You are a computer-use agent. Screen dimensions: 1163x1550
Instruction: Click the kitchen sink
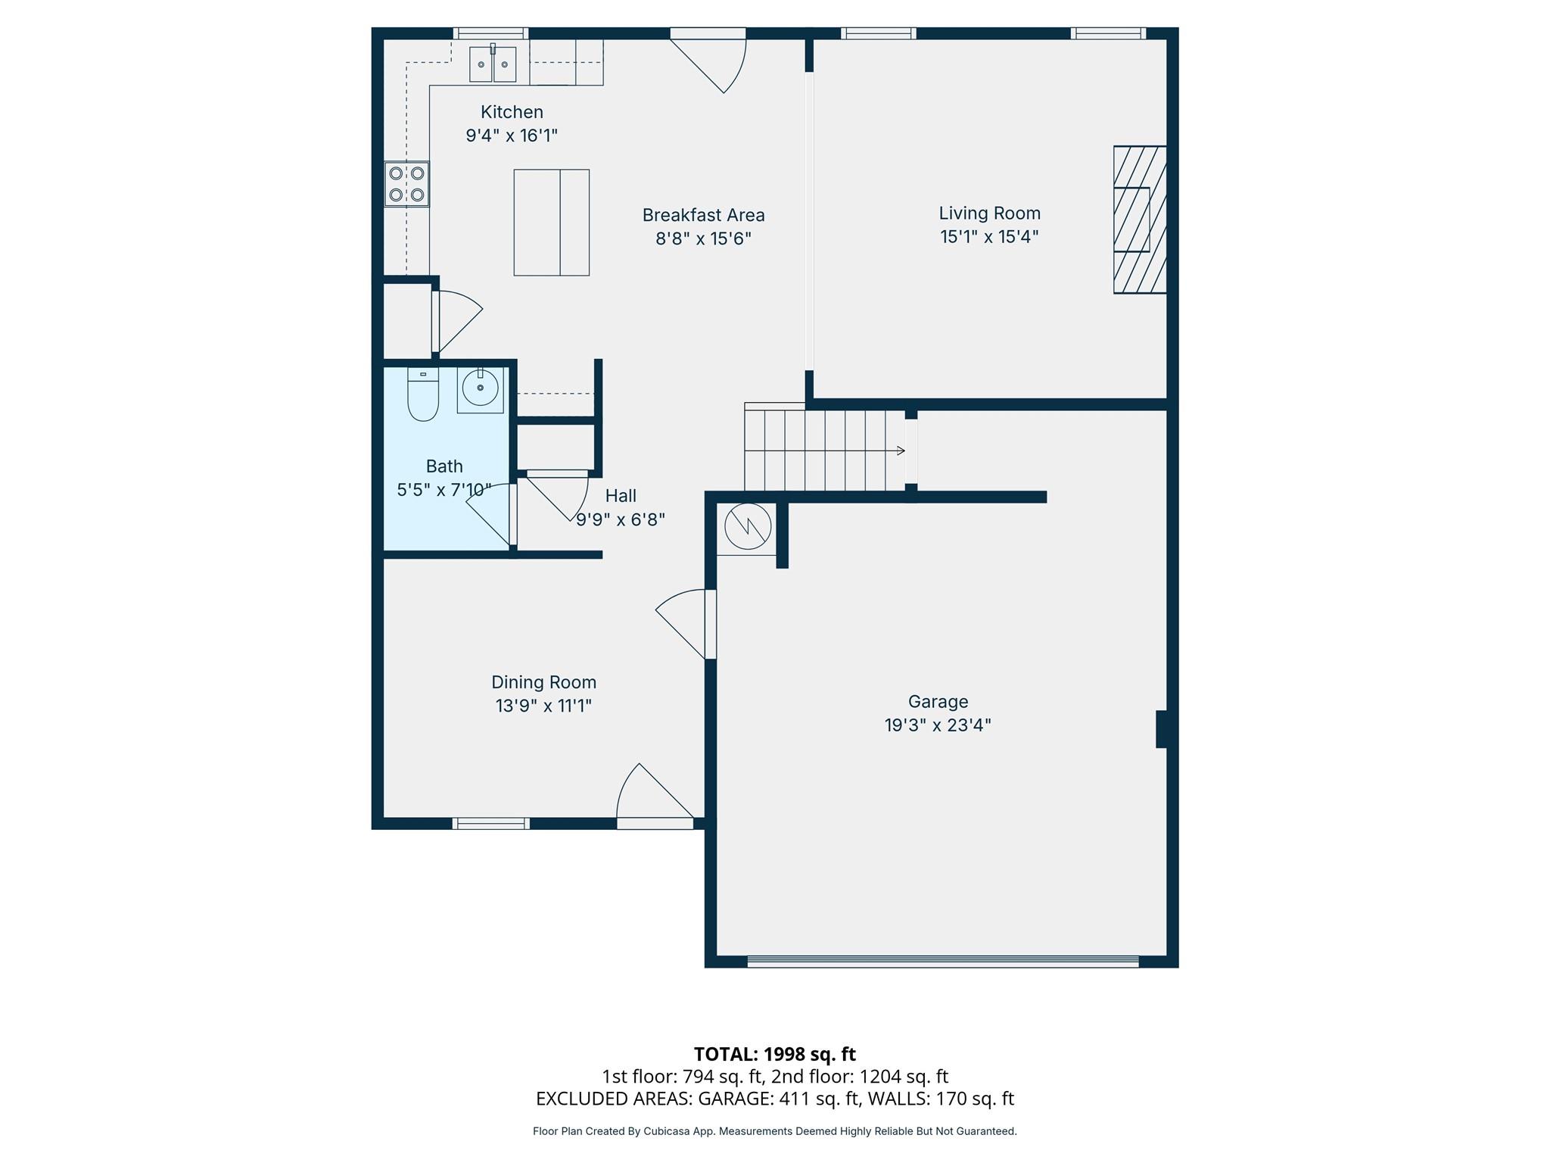pyautogui.click(x=493, y=64)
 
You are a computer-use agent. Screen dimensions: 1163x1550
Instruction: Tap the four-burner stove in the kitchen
pyautogui.click(x=406, y=184)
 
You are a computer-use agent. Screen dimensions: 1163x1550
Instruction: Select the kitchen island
pyautogui.click(x=551, y=223)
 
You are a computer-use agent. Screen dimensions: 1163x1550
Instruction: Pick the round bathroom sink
pyautogui.click(x=480, y=389)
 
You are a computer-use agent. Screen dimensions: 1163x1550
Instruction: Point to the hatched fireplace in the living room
pyautogui.click(x=1139, y=220)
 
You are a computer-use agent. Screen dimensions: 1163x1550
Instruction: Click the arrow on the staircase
pyautogui.click(x=899, y=451)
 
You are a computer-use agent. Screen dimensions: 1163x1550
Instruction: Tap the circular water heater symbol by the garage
pyautogui.click(x=748, y=526)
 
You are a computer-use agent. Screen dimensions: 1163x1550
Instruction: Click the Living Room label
pyautogui.click(x=989, y=214)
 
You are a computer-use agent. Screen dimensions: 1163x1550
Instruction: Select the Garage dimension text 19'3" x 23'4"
pyautogui.click(x=938, y=725)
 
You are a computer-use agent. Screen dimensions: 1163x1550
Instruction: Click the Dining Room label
pyautogui.click(x=543, y=682)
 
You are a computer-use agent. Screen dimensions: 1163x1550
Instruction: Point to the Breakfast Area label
pyautogui.click(x=703, y=215)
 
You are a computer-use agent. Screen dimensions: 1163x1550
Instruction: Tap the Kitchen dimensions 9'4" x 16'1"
pyautogui.click(x=512, y=136)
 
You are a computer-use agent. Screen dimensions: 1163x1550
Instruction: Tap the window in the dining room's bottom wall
pyautogui.click(x=490, y=823)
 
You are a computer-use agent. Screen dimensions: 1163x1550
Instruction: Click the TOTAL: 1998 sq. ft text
pyautogui.click(x=774, y=1054)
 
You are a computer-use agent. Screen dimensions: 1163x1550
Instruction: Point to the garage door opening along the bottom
pyautogui.click(x=942, y=962)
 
